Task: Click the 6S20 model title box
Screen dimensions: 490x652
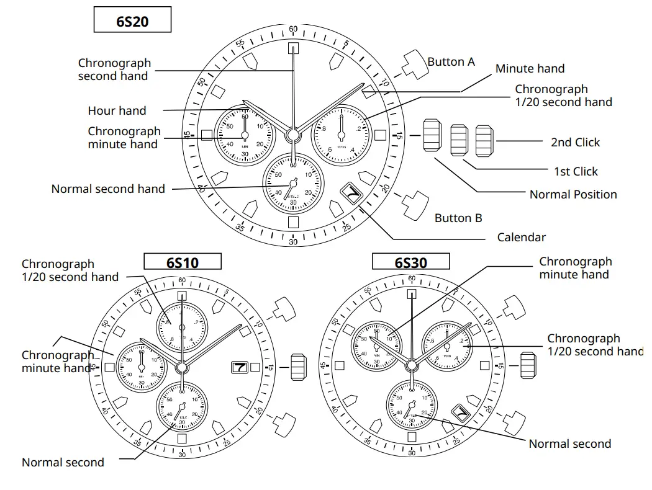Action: coord(132,21)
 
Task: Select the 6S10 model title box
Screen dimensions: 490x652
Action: coord(183,262)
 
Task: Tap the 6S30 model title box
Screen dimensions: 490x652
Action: coord(410,262)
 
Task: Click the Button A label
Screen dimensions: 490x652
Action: coord(451,62)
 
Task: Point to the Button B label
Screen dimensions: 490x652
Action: coord(458,218)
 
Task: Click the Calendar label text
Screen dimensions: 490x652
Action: coord(522,237)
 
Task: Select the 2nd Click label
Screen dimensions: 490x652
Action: coord(575,142)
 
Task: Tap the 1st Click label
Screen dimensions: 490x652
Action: coord(576,171)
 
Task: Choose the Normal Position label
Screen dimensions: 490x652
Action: coord(573,194)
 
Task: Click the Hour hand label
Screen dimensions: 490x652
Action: coord(117,111)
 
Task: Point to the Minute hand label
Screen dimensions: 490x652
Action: coord(530,69)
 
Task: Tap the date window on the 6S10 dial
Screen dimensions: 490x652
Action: coord(240,367)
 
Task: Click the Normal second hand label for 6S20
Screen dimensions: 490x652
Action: coord(108,189)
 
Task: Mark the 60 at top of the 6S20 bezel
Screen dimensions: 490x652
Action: coord(293,29)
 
